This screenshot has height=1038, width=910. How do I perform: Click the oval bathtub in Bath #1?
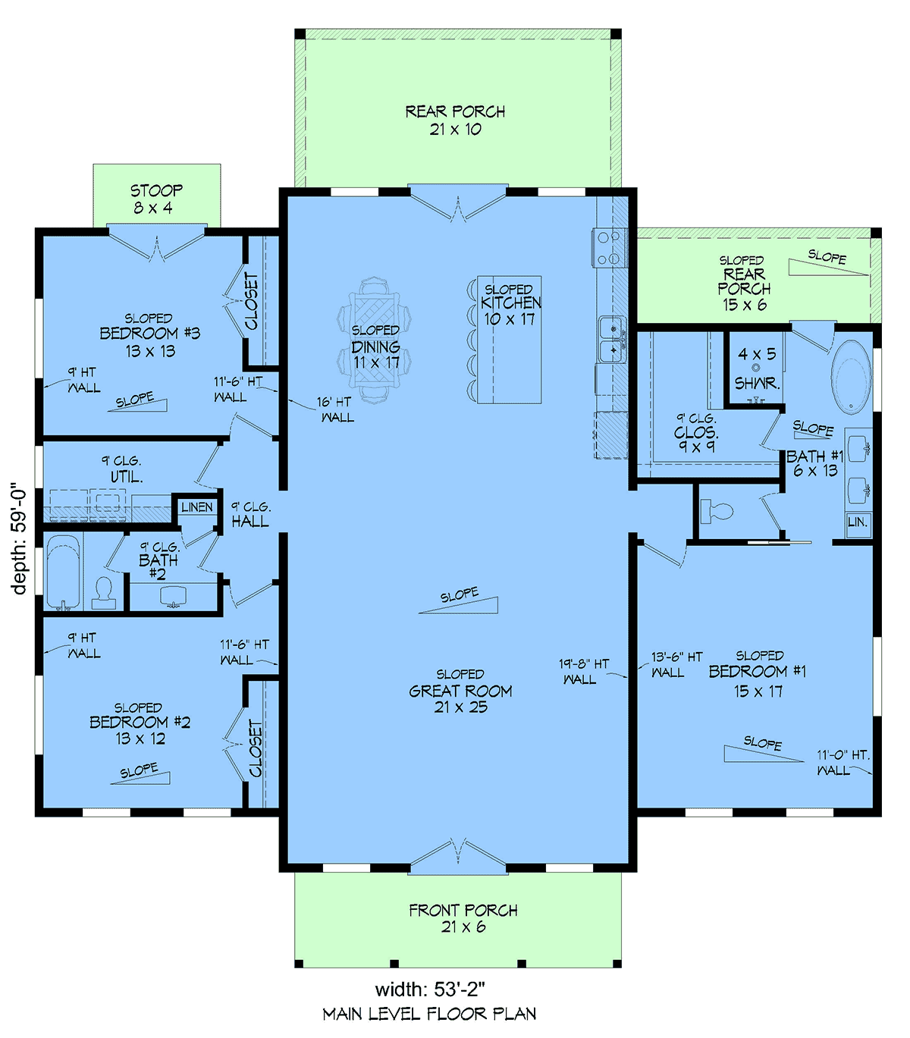pyautogui.click(x=850, y=376)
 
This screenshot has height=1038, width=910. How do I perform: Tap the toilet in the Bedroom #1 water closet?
pyautogui.click(x=717, y=511)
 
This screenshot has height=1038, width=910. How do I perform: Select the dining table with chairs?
pyautogui.click(x=374, y=339)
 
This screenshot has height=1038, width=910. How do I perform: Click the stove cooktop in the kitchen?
pyautogui.click(x=609, y=248)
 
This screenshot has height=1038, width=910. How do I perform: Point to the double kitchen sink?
pyautogui.click(x=612, y=339)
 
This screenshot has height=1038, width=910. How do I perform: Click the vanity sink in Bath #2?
pyautogui.click(x=173, y=597)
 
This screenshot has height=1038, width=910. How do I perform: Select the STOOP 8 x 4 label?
pyautogui.click(x=155, y=199)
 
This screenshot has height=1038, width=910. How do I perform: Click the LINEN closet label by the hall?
pyautogui.click(x=196, y=507)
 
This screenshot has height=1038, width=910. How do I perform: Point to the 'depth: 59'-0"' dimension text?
pyautogui.click(x=18, y=538)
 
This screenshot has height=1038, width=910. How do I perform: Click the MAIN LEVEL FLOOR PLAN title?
pyautogui.click(x=429, y=1014)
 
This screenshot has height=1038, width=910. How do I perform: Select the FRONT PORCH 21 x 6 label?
pyautogui.click(x=463, y=919)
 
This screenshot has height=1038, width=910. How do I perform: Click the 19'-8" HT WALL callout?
pyautogui.click(x=583, y=672)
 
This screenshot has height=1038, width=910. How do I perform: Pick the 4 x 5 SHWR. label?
pyautogui.click(x=757, y=368)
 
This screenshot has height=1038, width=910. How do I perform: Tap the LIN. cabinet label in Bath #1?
pyautogui.click(x=857, y=522)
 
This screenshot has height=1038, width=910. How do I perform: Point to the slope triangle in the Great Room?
pyautogui.click(x=458, y=605)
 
